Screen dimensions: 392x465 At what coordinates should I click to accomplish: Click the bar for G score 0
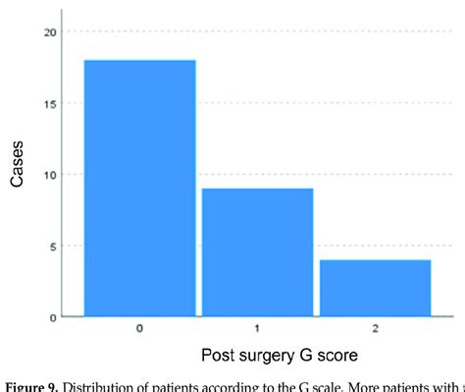pyautogui.click(x=140, y=189)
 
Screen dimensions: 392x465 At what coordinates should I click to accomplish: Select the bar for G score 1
pyautogui.click(x=257, y=252)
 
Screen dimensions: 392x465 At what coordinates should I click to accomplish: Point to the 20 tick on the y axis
pyautogui.click(x=50, y=32)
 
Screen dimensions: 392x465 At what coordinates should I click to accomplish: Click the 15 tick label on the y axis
pyautogui.click(x=50, y=103)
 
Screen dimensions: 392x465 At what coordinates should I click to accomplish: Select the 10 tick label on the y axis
pyautogui.click(x=50, y=175)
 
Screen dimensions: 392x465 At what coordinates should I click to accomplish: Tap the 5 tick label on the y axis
pyautogui.click(x=53, y=246)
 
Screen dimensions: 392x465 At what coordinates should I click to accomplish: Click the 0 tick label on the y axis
pyautogui.click(x=53, y=316)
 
